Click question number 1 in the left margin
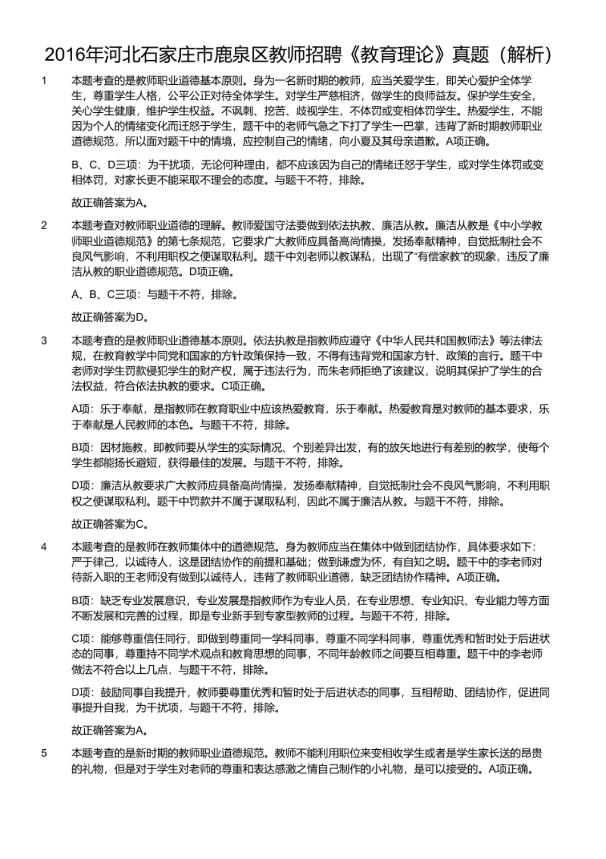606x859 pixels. pos(44,80)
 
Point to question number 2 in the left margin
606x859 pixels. pos(44,225)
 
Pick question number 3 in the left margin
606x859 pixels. pos(44,340)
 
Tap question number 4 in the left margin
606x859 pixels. pos(44,547)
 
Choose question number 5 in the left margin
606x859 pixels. pos(44,753)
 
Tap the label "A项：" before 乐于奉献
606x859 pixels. pos(81,409)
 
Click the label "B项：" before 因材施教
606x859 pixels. pos(81,447)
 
